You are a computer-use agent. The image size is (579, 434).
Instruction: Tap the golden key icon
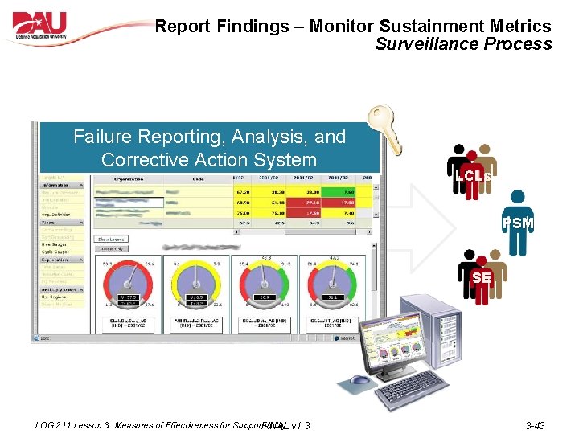click(x=384, y=129)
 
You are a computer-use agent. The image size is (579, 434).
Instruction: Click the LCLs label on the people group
click(x=472, y=175)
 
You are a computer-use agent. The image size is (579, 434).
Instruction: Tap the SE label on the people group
click(x=482, y=278)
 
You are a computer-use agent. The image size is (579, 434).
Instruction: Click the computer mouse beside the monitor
click(x=361, y=379)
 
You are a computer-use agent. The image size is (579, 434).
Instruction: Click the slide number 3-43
click(x=535, y=425)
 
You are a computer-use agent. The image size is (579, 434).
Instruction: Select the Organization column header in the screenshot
click(x=129, y=178)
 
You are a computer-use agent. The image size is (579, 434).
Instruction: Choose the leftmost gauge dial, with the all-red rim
click(x=129, y=285)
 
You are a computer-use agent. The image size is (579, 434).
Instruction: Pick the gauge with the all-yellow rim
click(x=196, y=285)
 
